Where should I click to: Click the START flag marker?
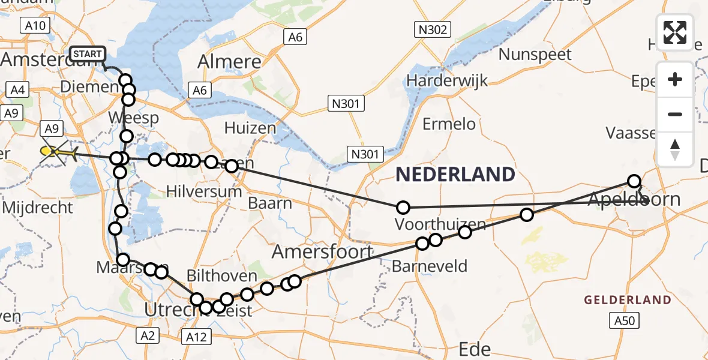(88, 54)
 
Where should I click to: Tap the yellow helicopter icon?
(55, 152)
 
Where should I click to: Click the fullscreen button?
(675, 32)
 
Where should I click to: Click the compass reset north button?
(675, 149)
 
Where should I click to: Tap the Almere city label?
(229, 62)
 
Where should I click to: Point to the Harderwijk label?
(447, 80)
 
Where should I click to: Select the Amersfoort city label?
(323, 251)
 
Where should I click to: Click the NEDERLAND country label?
(455, 175)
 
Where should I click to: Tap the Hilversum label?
(196, 192)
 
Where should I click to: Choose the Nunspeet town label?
(535, 55)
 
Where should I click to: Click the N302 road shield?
(433, 29)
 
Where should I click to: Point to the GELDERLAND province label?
(628, 299)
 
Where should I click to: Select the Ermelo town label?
(449, 124)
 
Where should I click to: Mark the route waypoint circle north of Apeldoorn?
(634, 181)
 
